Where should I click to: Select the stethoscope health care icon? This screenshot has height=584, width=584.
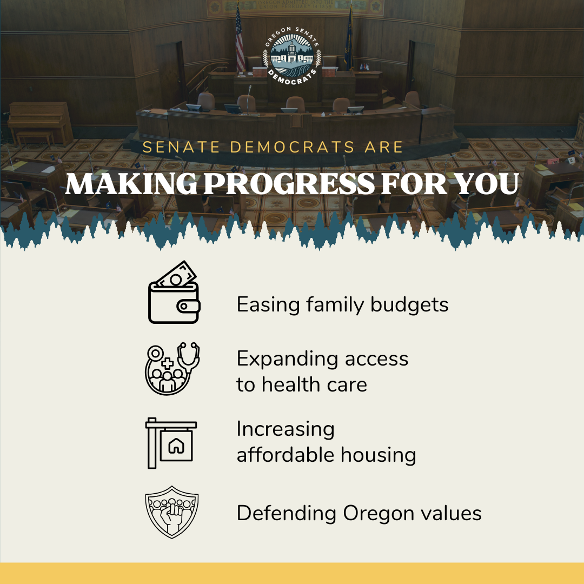pyautogui.click(x=172, y=368)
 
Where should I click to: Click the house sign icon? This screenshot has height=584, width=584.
pyautogui.click(x=171, y=442)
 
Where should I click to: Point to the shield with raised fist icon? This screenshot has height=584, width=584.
pyautogui.click(x=172, y=511)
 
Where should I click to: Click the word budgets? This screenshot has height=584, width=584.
pyautogui.click(x=409, y=305)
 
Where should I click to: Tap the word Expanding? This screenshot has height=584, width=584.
pyautogui.click(x=280, y=359)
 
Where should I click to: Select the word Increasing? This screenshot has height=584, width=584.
pyautogui.click(x=286, y=429)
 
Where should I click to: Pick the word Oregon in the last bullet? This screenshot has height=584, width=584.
pyautogui.click(x=375, y=514)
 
